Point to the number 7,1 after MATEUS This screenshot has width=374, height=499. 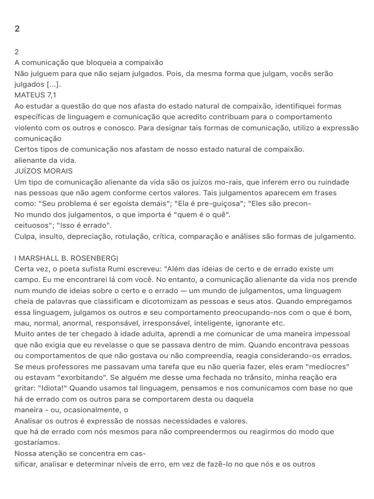(x=53, y=95)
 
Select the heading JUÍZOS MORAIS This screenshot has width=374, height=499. (x=43, y=171)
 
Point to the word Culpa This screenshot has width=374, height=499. (x=25, y=236)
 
